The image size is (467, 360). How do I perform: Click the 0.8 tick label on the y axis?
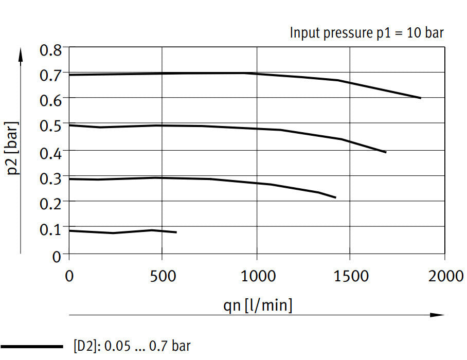pos(50,51)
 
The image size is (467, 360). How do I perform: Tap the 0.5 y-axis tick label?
pos(50,125)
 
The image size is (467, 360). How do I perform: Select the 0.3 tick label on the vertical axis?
pos(50,176)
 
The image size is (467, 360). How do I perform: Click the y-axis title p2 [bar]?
pos(14,148)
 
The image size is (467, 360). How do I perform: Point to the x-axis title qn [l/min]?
pos(258,305)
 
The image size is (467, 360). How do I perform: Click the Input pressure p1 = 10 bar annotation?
pos(367,33)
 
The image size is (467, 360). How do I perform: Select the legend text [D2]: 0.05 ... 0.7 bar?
pos(132,346)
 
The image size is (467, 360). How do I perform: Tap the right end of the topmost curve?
pos(421,98)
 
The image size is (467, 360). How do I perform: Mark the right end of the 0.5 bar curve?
pos(386,152)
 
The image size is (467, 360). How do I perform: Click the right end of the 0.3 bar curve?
pos(335,197)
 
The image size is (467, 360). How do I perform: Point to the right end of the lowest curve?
pos(176,232)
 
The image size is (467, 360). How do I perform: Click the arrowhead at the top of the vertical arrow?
pos(21,53)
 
